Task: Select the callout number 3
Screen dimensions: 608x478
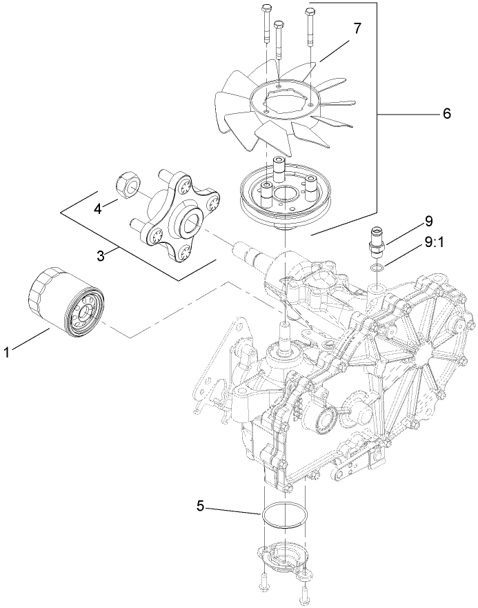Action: click(101, 255)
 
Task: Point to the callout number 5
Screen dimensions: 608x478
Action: click(201, 505)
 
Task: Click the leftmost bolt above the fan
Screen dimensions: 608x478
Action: click(266, 24)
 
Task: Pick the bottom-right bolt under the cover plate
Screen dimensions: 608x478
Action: click(304, 592)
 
